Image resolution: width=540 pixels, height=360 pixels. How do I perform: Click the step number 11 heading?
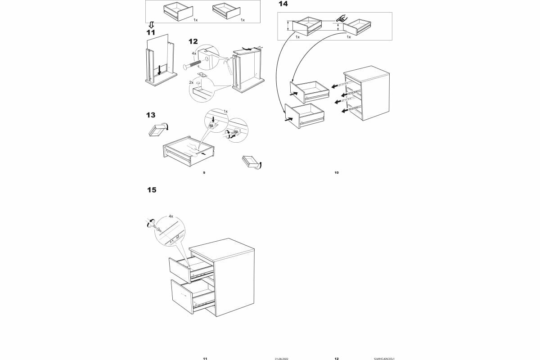point(150,33)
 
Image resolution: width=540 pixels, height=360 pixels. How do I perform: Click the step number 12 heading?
point(193,41)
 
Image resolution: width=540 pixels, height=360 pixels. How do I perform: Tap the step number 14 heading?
point(283,4)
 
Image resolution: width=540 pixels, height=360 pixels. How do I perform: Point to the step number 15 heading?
point(152,190)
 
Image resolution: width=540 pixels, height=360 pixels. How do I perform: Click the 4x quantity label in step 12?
point(194,53)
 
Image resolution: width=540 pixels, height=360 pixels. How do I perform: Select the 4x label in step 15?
point(171,216)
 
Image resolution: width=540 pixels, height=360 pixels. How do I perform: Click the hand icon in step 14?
point(340,18)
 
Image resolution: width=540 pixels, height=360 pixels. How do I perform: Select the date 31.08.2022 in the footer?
point(281,359)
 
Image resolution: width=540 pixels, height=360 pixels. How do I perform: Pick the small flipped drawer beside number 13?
point(157,130)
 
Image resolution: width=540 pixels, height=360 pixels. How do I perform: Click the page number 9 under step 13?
point(204,172)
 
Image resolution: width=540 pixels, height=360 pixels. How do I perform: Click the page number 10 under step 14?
point(336,172)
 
